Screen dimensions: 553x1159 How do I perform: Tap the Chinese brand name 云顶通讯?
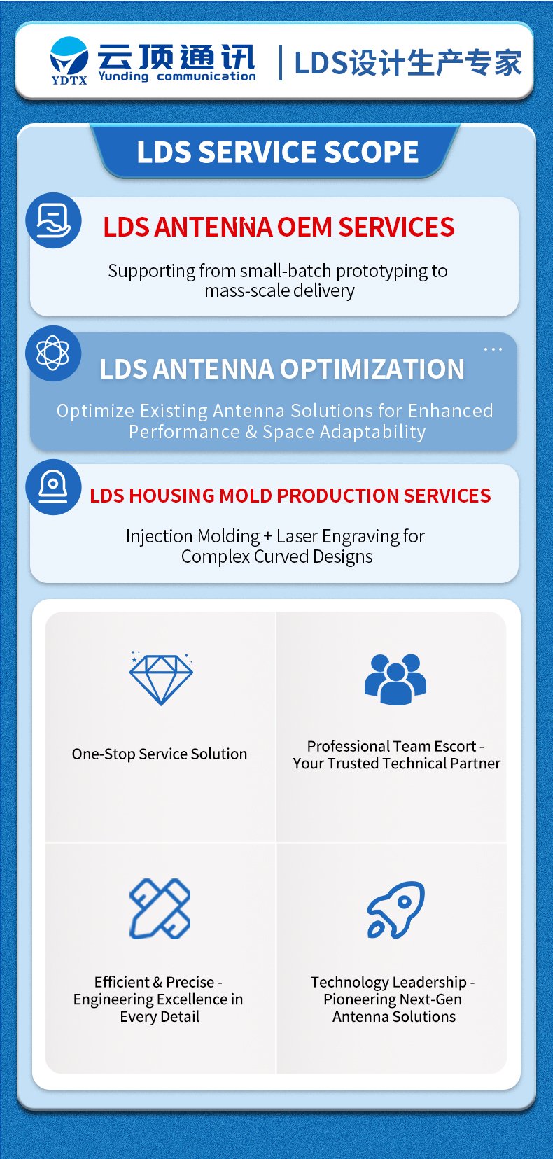(x=176, y=57)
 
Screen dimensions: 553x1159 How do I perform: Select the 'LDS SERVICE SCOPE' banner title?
(x=278, y=152)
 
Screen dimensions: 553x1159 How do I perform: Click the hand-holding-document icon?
(x=53, y=220)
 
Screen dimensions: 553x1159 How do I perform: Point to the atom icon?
(x=52, y=353)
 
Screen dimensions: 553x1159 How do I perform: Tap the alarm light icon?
(x=53, y=487)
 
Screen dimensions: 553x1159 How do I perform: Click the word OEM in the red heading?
(x=304, y=227)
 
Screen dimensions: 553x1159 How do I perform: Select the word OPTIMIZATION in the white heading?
(x=372, y=369)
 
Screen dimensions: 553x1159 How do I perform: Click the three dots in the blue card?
(x=493, y=349)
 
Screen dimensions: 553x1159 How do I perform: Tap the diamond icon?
(x=161, y=677)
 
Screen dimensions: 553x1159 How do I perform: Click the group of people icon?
(x=395, y=679)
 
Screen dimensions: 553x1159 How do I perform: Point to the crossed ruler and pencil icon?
(x=160, y=908)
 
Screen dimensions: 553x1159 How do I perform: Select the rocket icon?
(x=395, y=910)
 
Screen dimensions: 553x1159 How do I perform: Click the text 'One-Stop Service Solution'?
(x=160, y=754)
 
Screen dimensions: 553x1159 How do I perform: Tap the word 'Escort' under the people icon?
(x=455, y=746)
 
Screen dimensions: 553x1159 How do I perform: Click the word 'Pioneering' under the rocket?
(x=356, y=999)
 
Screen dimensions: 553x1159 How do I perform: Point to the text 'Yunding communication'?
(x=177, y=76)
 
